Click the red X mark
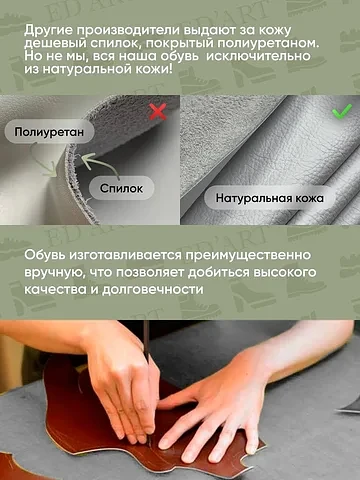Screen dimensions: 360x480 tap(158, 111)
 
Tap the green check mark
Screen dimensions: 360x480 tap(342, 111)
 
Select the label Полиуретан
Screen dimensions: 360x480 tap(49, 132)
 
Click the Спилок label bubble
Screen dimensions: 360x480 tap(121, 188)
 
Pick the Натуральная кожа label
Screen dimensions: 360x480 tap(270, 198)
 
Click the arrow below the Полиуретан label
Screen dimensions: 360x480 tap(43, 160)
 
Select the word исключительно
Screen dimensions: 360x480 tap(258, 56)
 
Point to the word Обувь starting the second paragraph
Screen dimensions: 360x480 tap(45, 255)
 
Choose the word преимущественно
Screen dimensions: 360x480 tap(248, 255)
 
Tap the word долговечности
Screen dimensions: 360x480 tap(152, 289)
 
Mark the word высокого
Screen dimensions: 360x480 tap(284, 272)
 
